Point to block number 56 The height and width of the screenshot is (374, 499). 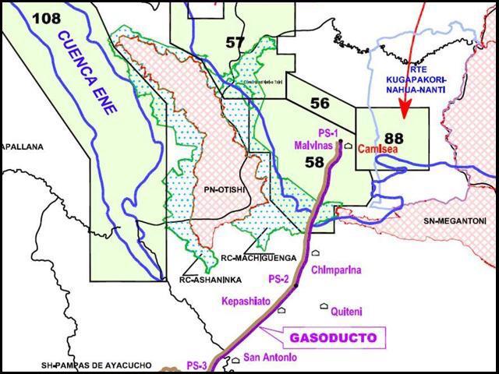[x=319, y=104]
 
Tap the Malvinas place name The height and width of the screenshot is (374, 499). [x=313, y=146]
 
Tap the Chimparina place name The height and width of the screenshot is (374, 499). [x=336, y=270]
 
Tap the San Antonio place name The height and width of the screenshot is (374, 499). [x=270, y=358]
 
